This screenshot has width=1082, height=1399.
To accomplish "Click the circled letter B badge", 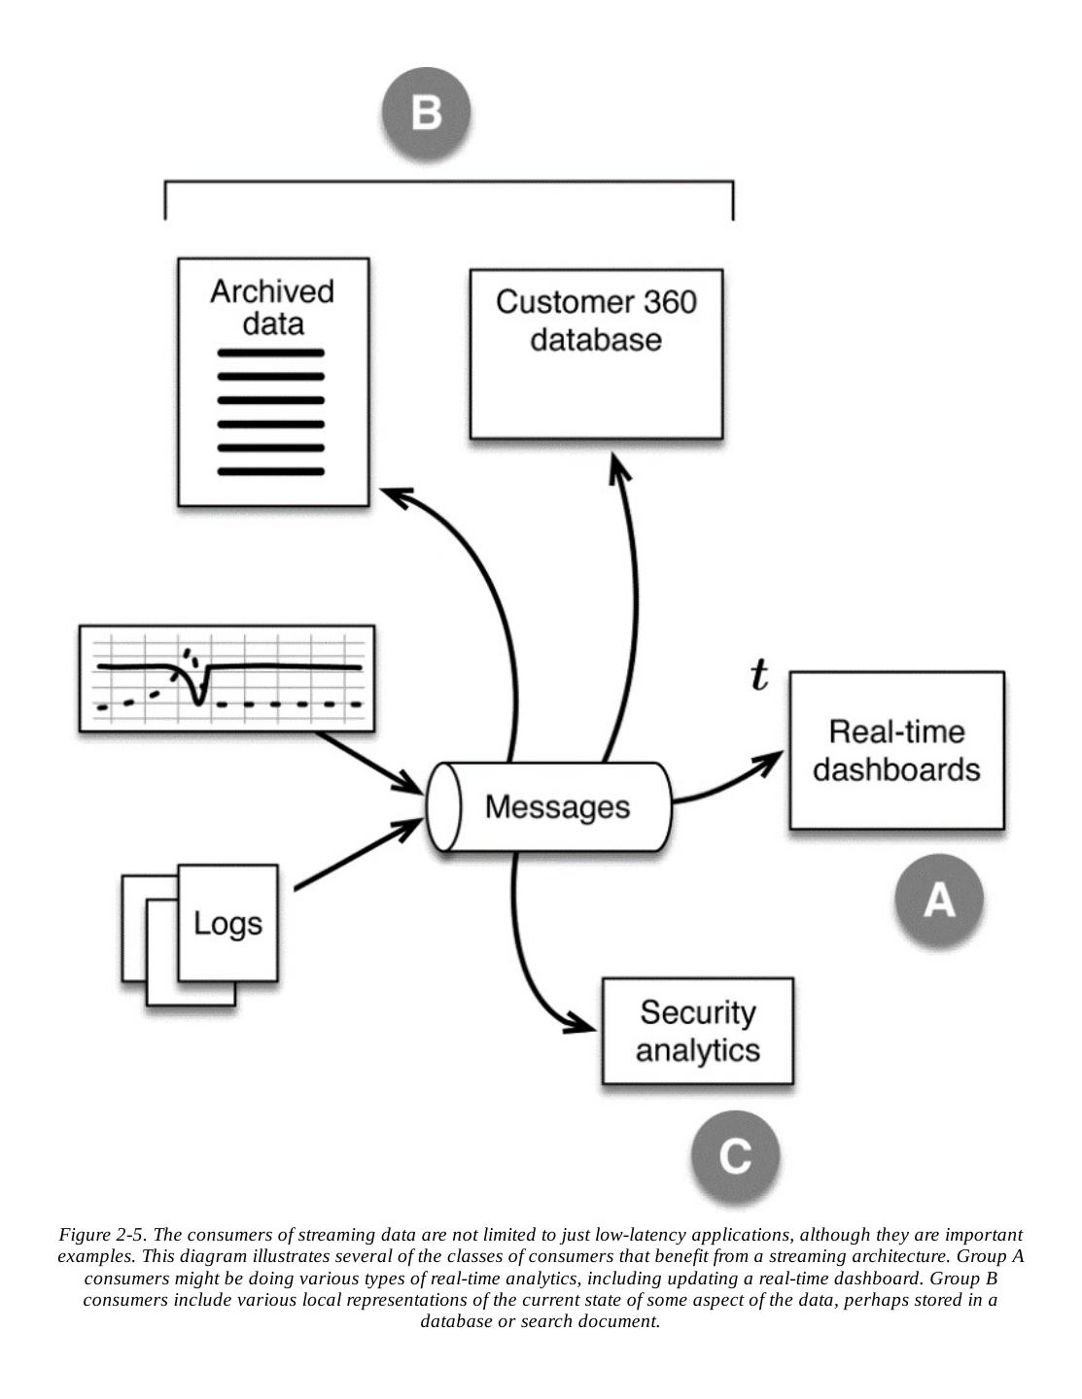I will (426, 111).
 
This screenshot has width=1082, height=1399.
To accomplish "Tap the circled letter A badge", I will (938, 900).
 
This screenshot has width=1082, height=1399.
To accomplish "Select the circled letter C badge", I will (735, 1155).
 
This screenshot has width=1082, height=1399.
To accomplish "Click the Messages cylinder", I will (551, 806).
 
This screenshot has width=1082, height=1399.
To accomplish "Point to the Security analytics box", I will (698, 1031).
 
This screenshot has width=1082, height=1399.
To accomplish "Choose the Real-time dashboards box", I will (896, 750).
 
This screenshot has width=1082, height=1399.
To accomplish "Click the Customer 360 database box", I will (596, 355).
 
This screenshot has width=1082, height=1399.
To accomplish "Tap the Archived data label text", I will (272, 307).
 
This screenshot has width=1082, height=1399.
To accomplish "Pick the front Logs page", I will (227, 923).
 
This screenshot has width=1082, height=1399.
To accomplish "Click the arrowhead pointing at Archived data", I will (395, 495).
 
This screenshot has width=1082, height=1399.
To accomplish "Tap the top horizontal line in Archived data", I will (270, 353).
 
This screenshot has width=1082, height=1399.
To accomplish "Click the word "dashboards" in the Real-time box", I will (896, 769).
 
